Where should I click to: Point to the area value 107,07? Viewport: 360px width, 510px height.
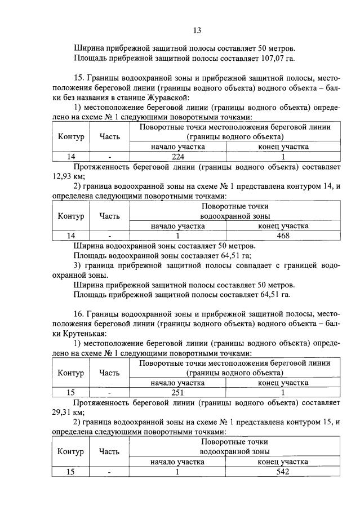tap(268, 57)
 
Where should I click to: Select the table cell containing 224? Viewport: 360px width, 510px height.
tap(178, 157)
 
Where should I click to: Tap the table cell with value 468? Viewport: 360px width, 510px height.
tap(283, 236)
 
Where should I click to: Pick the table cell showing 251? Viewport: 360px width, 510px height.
tap(178, 392)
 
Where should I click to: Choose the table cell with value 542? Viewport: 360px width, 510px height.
tap(283, 472)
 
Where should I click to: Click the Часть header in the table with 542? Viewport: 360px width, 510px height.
tap(109, 451)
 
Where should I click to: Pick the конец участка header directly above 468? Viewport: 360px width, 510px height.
tap(283, 226)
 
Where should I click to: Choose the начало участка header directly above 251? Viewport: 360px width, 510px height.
tap(178, 383)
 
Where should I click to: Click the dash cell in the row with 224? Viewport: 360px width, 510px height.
tap(110, 157)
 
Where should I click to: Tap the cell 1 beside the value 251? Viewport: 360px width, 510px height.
tap(283, 392)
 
